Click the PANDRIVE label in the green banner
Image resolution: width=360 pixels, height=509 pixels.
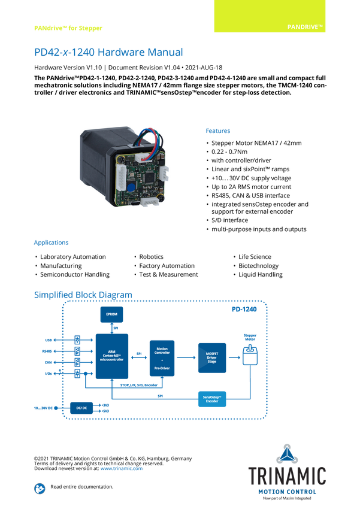click(305, 27)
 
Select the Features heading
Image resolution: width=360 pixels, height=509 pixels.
click(218, 131)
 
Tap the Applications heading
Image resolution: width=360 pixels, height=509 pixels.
click(51, 243)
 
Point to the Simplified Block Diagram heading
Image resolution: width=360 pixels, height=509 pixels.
click(83, 294)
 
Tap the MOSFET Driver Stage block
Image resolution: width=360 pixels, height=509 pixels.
click(211, 358)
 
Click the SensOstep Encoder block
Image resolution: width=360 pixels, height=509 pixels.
click(212, 398)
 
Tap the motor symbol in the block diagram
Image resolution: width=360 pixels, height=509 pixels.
click(249, 355)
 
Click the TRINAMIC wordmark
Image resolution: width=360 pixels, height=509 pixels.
click(287, 475)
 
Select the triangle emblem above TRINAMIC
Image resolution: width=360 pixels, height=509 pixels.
click(287, 452)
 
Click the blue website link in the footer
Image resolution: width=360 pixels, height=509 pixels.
click(122, 468)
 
